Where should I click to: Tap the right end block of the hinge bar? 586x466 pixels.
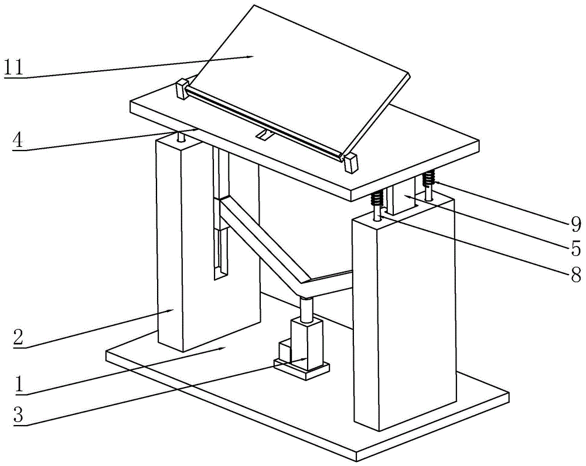pos(350,163)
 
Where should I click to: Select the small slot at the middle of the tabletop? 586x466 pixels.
pos(264,136)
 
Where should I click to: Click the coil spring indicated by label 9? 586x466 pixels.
pos(430,176)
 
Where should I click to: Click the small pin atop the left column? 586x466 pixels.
pos(179,138)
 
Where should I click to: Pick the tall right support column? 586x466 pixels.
pos(404,322)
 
